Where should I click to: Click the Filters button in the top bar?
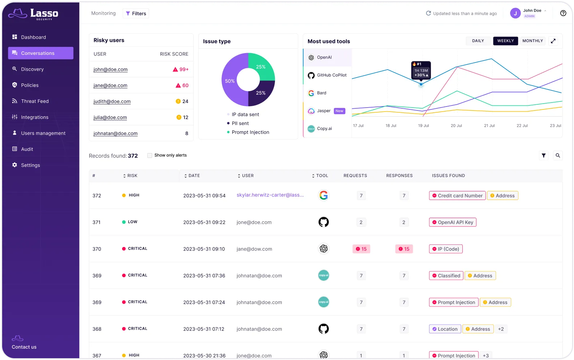(136, 14)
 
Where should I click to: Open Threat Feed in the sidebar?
(35, 101)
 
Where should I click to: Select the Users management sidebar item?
(43, 133)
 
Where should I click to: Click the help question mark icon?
(563, 13)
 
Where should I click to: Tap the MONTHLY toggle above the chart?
(532, 41)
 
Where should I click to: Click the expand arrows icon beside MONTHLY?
(553, 41)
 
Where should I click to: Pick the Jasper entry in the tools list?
(324, 111)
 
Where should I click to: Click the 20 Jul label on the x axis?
(456, 126)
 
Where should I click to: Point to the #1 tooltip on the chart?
(421, 70)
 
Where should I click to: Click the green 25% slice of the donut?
(261, 67)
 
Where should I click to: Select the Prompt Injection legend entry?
(250, 132)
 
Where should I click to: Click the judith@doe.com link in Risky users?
(112, 101)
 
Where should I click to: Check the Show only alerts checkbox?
(150, 155)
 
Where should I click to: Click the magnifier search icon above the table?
(557, 156)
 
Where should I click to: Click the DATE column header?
(194, 175)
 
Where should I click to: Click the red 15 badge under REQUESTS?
(361, 249)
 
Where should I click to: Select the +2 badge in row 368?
(501, 329)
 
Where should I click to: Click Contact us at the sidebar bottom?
(24, 347)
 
